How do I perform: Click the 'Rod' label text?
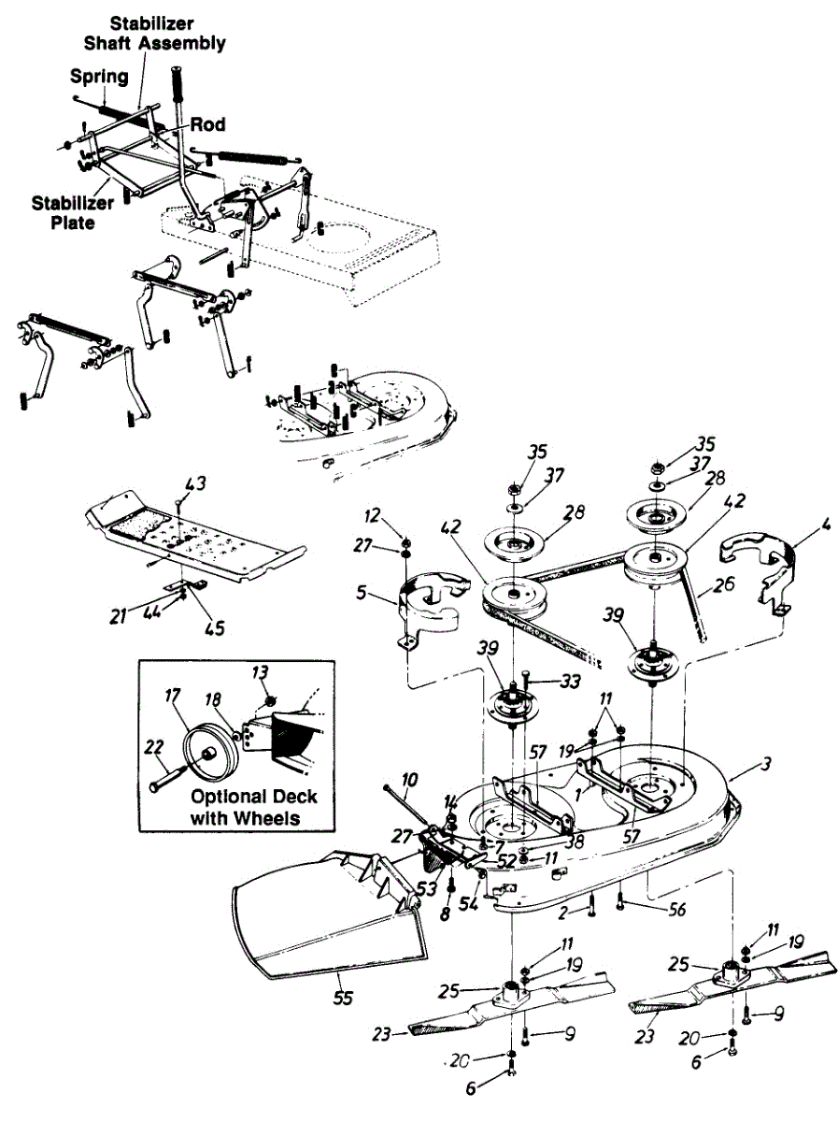pyautogui.click(x=208, y=124)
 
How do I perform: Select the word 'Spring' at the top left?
pyautogui.click(x=99, y=77)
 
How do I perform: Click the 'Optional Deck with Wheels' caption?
pyautogui.click(x=254, y=808)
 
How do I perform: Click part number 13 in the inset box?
pyautogui.click(x=259, y=671)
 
